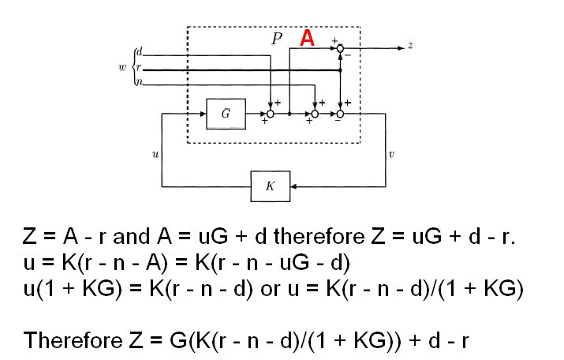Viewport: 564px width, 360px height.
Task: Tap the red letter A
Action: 307,39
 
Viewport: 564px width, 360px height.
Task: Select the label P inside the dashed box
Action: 277,40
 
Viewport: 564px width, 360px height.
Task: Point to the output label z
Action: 410,47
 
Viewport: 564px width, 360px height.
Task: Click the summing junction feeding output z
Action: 340,48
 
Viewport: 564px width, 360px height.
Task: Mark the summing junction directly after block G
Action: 269,114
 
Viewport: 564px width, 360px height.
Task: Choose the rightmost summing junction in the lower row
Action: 340,114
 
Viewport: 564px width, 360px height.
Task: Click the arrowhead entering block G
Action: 200,114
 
